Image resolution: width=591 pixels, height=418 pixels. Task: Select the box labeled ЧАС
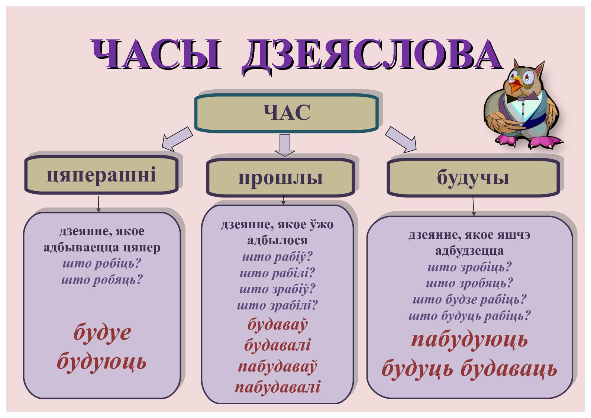click(x=286, y=113)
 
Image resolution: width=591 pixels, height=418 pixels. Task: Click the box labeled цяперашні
click(x=101, y=175)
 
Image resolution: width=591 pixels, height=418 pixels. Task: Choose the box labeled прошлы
click(x=280, y=177)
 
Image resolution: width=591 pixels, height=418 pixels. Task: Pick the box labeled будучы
click(x=473, y=177)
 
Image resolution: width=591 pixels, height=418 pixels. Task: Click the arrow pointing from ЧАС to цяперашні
click(x=177, y=139)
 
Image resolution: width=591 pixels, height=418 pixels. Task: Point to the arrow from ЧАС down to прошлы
click(x=285, y=145)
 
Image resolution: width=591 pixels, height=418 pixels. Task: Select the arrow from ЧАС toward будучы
click(x=401, y=139)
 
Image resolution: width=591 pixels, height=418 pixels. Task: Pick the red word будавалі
click(x=277, y=345)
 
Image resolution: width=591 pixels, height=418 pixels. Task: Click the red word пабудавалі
click(x=277, y=387)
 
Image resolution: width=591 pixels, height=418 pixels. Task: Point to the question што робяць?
click(x=102, y=280)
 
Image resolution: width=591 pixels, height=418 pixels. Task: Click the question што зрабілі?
click(x=277, y=305)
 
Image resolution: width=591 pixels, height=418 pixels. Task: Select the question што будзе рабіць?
click(x=469, y=299)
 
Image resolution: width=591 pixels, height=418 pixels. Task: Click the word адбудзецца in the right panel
click(x=469, y=251)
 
